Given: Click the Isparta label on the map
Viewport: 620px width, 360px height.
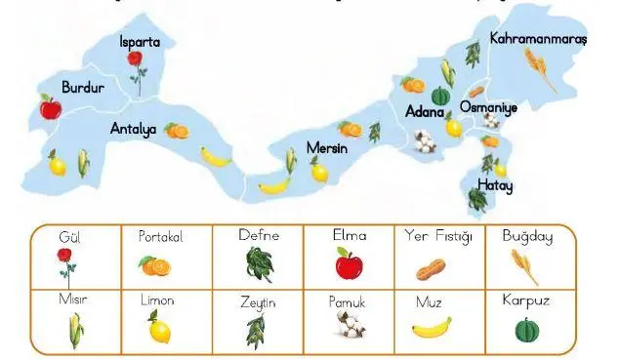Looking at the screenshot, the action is click(x=140, y=42).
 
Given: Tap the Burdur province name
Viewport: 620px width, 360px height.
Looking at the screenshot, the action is click(x=82, y=87).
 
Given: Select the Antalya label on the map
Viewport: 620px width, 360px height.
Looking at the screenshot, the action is click(x=133, y=128).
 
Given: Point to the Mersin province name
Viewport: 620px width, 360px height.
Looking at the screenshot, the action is click(x=327, y=147).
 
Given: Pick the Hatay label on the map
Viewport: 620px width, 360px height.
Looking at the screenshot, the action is click(x=495, y=184).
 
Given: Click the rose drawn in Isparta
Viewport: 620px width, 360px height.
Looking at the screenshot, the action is click(x=135, y=66).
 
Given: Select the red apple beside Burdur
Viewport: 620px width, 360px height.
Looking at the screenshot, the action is click(x=50, y=106).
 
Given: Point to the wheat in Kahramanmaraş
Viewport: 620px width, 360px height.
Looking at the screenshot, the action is click(x=539, y=70).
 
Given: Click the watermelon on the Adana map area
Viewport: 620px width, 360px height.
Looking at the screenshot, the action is click(x=440, y=96).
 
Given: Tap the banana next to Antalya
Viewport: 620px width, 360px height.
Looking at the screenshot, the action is click(x=216, y=155).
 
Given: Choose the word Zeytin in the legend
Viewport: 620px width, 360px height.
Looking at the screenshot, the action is click(x=258, y=302).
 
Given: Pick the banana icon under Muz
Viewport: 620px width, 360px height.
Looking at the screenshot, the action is click(x=430, y=327).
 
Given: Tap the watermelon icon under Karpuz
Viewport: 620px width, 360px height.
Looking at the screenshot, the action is click(x=527, y=328).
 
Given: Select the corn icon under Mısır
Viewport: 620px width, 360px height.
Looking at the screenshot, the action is click(x=74, y=330).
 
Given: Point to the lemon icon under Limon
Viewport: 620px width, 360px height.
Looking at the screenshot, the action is click(x=158, y=327).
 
